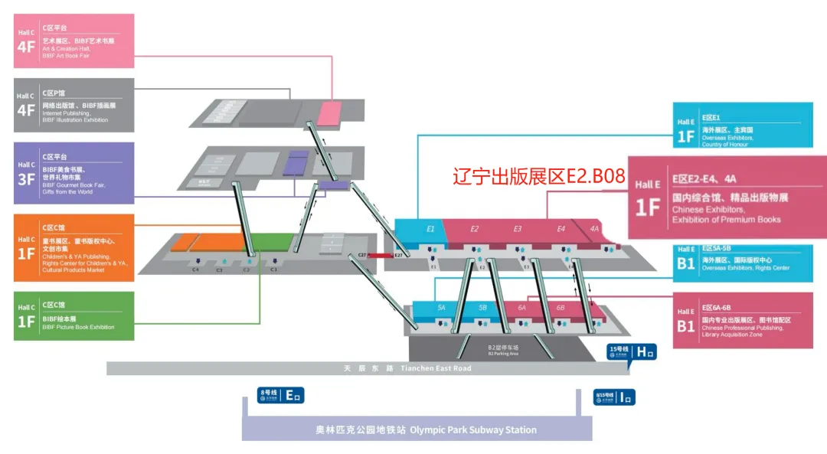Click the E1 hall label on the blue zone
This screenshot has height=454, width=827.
[x=430, y=228]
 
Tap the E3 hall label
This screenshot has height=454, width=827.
[x=518, y=228]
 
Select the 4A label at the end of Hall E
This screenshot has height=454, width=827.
[x=594, y=228]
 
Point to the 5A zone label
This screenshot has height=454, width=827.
[x=441, y=307]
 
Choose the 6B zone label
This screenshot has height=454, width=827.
[x=561, y=307]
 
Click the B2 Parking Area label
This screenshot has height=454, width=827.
[x=503, y=349]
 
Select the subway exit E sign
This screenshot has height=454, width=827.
[x=281, y=395]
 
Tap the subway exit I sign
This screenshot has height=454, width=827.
[x=614, y=397]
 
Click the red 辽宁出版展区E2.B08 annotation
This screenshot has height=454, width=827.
[x=539, y=177]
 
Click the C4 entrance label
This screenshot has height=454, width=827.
[x=195, y=269]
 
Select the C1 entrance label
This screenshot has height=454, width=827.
[x=273, y=269]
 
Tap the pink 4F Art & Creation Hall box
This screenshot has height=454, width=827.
[x=74, y=41]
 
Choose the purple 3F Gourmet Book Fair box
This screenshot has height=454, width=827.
[x=74, y=172]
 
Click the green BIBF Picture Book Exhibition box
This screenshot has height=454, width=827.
[x=74, y=315]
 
